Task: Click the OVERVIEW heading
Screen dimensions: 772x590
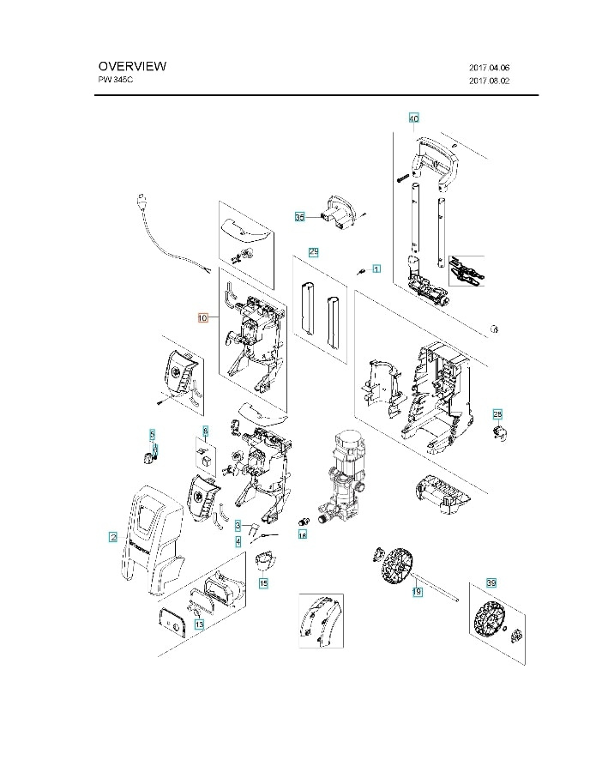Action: (132, 66)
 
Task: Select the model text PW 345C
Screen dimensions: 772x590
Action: (117, 80)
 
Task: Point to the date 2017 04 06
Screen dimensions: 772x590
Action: (490, 67)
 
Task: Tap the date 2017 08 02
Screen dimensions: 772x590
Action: (490, 81)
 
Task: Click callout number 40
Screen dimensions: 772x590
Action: (414, 118)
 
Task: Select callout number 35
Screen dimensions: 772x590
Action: (299, 218)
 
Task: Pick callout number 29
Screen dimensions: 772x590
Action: (314, 252)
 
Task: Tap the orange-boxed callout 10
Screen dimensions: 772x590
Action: (202, 317)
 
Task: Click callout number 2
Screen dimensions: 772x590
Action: (112, 537)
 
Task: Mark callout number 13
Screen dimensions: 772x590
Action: (199, 625)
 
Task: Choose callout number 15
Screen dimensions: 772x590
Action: (263, 583)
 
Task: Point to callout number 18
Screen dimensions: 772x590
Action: (302, 534)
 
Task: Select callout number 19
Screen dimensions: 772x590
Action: (417, 591)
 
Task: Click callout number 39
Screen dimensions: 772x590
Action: (491, 583)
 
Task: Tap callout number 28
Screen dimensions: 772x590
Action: (497, 413)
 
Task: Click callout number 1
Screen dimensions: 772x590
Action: (376, 269)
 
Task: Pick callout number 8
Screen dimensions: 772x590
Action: (205, 430)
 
